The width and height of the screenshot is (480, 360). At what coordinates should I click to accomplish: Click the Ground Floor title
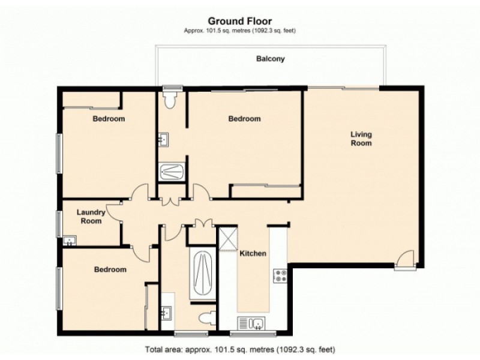click(239, 21)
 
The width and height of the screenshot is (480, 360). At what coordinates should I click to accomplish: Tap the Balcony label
click(270, 59)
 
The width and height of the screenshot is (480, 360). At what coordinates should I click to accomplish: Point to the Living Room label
click(361, 139)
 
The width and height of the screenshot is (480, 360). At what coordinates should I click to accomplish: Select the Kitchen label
click(253, 254)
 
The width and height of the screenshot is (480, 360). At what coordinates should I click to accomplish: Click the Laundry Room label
click(92, 216)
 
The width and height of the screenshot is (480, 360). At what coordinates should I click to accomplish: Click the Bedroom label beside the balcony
click(244, 119)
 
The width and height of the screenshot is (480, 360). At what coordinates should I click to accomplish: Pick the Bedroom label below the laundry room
click(110, 269)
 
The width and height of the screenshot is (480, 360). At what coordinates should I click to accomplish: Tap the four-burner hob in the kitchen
click(280, 275)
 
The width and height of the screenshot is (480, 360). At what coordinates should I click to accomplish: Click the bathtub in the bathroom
click(202, 274)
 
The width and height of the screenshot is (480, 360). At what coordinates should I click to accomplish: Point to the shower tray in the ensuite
click(172, 172)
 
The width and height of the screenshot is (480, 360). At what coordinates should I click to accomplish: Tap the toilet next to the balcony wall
click(170, 99)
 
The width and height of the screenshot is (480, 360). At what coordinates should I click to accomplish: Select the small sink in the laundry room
click(70, 241)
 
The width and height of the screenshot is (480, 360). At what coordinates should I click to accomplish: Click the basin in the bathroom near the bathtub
click(167, 311)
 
